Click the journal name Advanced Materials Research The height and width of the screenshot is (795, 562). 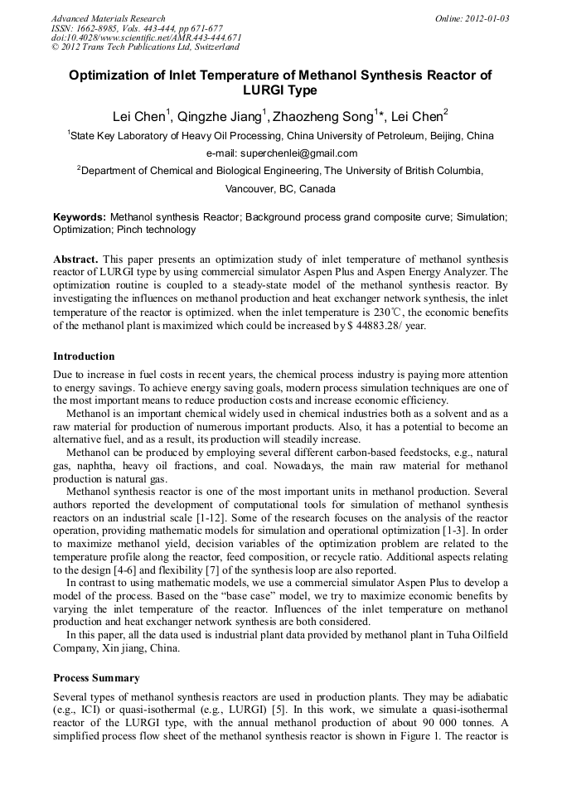click(x=108, y=18)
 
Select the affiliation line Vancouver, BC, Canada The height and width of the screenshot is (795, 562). click(x=280, y=188)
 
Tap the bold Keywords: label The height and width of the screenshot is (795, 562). click(x=80, y=217)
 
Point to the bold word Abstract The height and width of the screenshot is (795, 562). click(x=75, y=259)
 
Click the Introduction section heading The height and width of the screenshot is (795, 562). click(x=84, y=356)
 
